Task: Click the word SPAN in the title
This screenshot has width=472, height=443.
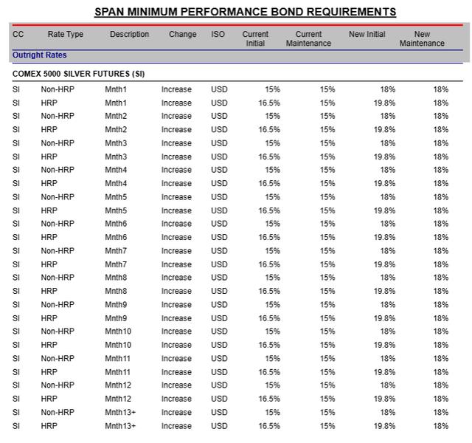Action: tap(113, 12)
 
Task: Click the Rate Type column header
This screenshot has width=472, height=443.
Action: tap(66, 35)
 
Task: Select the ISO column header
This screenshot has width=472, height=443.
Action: tap(218, 35)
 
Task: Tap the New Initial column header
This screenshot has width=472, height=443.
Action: tap(367, 35)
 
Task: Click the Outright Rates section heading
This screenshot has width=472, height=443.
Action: tap(39, 55)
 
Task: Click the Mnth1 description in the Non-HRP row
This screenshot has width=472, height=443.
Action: tap(116, 89)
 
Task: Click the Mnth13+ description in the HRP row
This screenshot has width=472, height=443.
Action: tap(120, 426)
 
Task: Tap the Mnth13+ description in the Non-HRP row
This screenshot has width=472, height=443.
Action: tap(120, 413)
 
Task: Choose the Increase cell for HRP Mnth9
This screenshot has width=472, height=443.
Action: tap(176, 318)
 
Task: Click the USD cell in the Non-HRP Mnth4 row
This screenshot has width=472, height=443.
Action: tap(219, 170)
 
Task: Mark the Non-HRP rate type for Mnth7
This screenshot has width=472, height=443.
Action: tap(58, 251)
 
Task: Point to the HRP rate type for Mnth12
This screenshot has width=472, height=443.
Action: tap(49, 399)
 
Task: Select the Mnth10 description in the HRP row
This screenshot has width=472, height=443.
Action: tap(118, 345)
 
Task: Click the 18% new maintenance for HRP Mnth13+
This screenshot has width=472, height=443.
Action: tap(440, 426)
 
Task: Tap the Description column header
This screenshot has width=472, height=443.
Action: tap(129, 35)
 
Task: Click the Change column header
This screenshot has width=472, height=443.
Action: tap(182, 35)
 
